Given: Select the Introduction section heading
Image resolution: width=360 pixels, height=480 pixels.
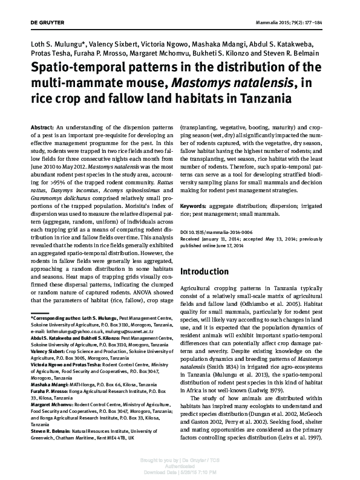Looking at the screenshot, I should coord(212,271).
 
